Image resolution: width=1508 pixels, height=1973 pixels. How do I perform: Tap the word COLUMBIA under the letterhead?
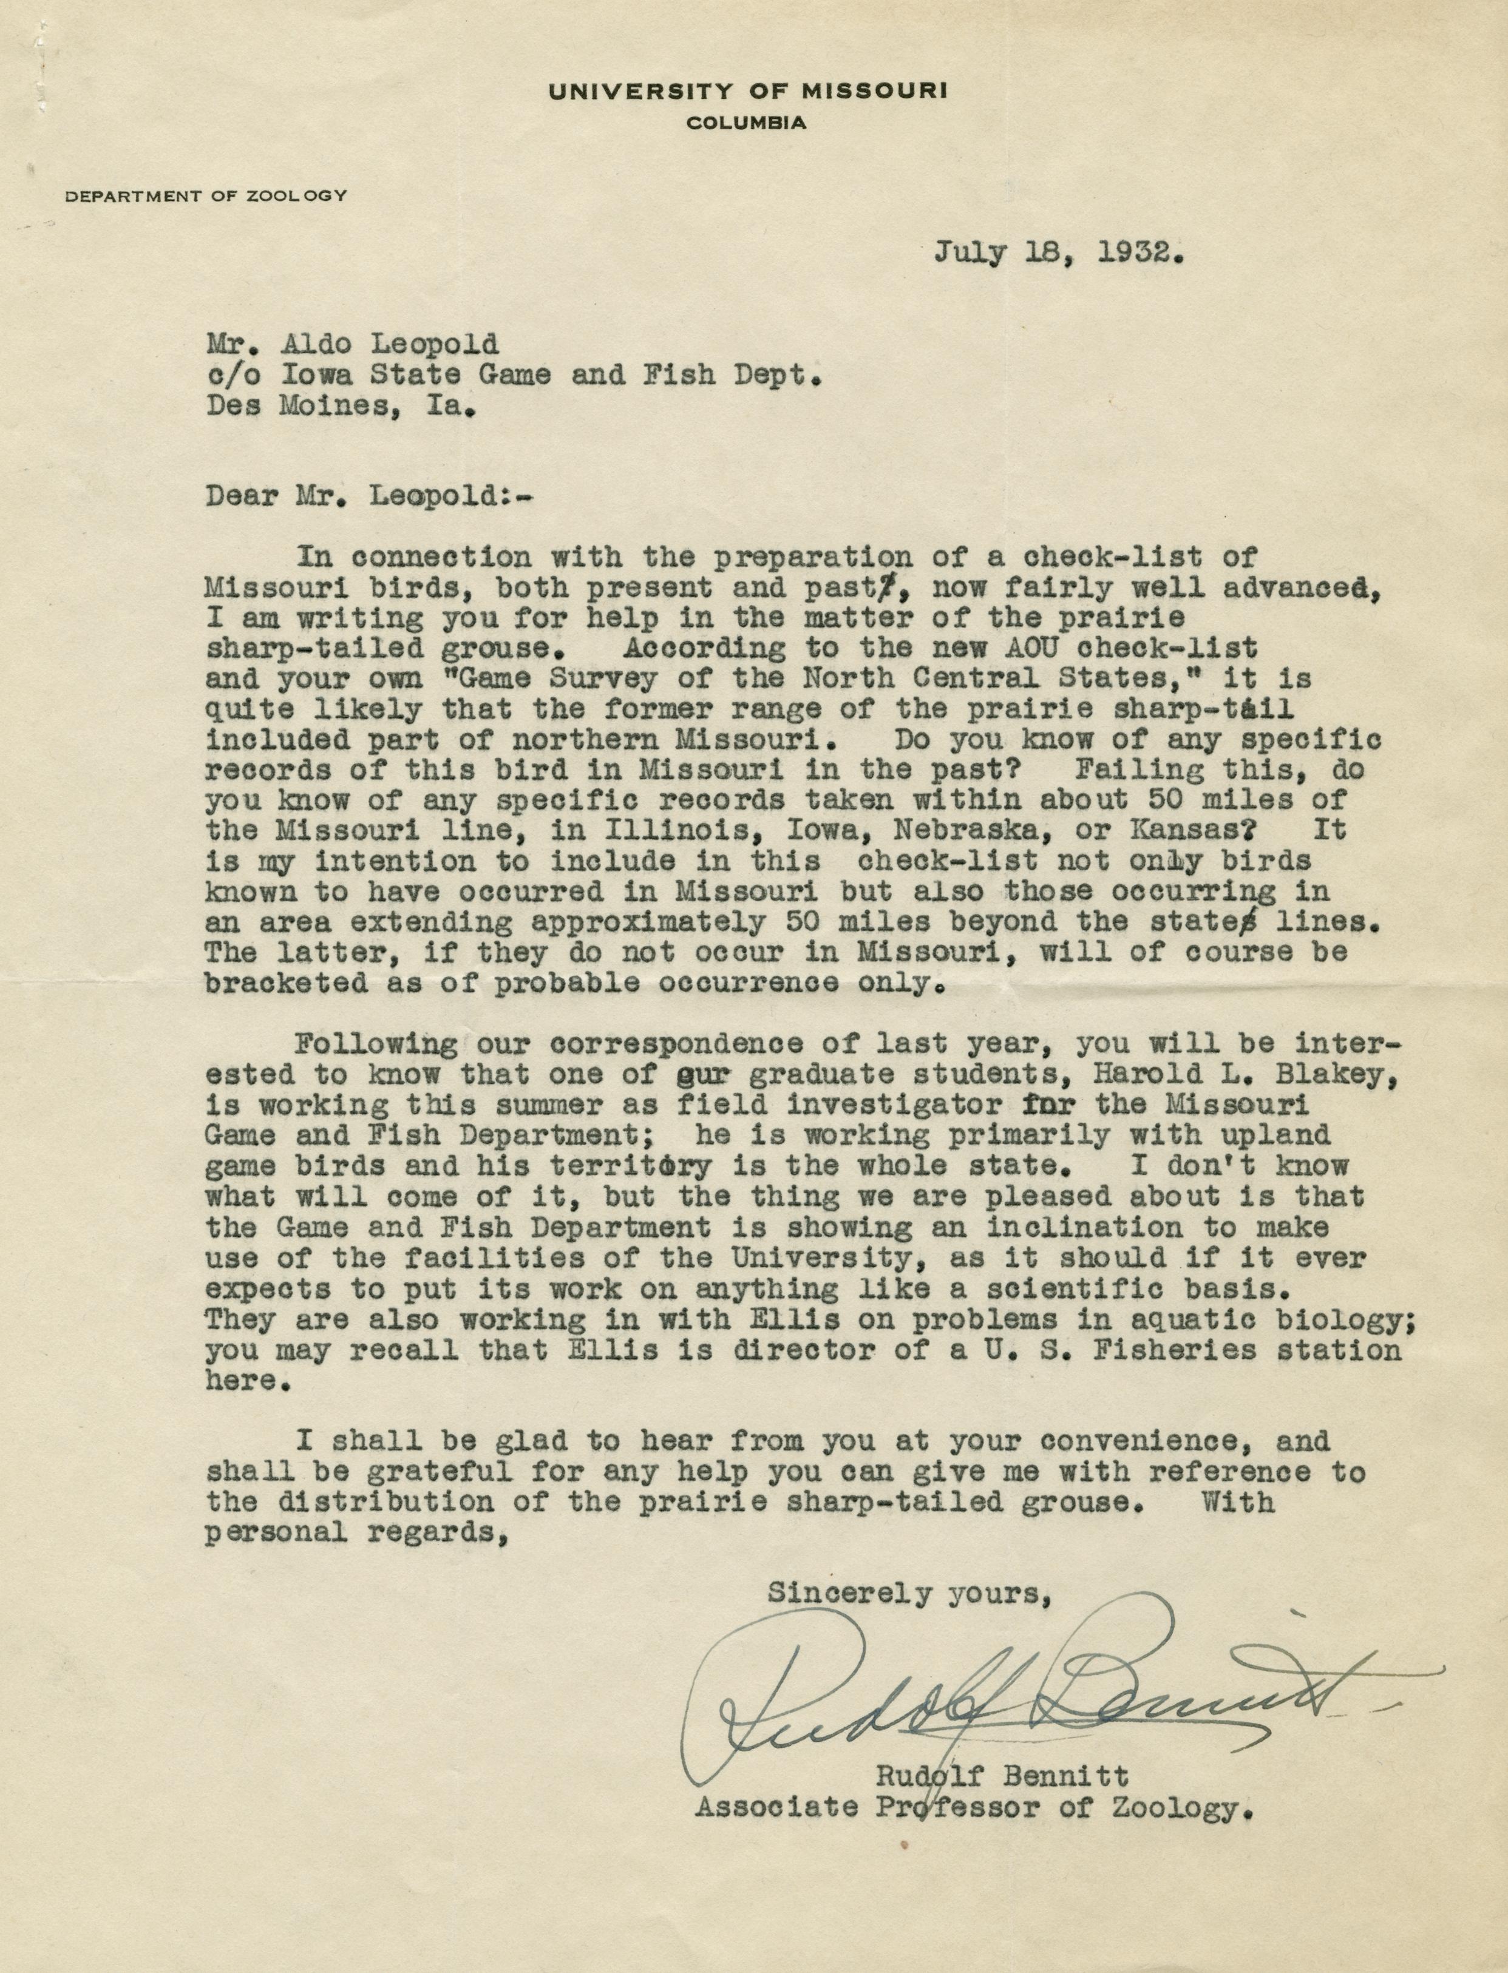tap(745, 124)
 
